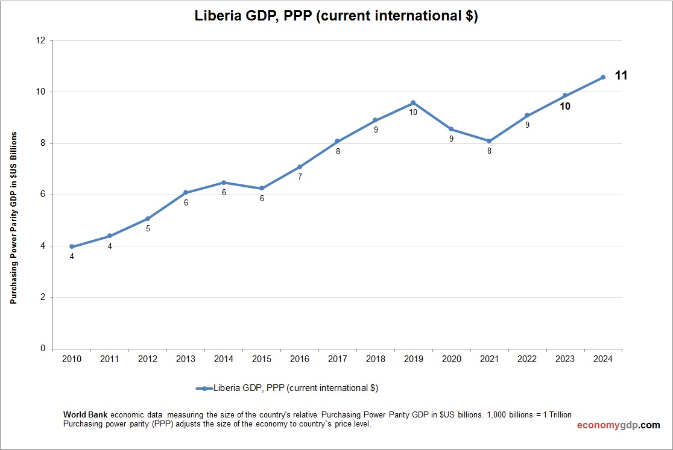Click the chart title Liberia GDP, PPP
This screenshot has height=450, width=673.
pos(336,16)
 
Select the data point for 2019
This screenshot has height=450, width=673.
pos(413,102)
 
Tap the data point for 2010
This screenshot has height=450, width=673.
pos(72,246)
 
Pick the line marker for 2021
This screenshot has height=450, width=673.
pos(489,141)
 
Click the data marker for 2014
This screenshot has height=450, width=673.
pos(224,183)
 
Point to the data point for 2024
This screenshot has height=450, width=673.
pos(603,77)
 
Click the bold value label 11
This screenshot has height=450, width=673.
pos(621,75)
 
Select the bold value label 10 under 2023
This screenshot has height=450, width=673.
pos(565,107)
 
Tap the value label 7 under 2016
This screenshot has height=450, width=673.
pos(300,177)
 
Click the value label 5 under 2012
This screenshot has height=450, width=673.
pos(148,229)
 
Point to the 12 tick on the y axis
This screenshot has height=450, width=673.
pos(41,41)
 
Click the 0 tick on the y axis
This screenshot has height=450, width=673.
pos(43,348)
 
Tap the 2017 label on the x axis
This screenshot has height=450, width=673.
pos(338,359)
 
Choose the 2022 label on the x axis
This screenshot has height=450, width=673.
pos(527,359)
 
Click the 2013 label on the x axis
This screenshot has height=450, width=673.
pos(186,359)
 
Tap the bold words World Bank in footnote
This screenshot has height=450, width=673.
pos(86,415)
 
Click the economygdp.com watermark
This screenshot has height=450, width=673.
pos(618,425)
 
